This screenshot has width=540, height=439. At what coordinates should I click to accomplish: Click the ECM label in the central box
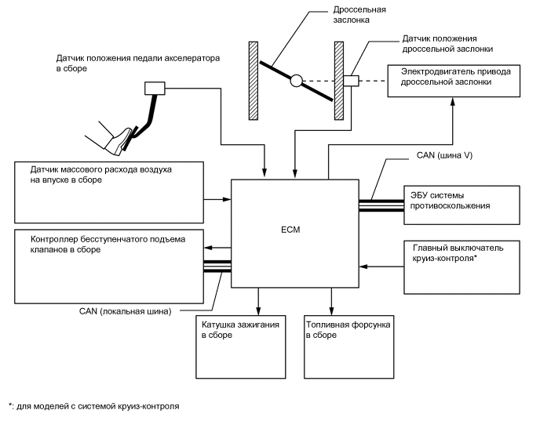click(290, 230)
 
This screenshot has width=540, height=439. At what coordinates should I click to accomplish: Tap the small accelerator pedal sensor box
click(155, 88)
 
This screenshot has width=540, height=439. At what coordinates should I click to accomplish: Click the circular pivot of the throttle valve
click(296, 81)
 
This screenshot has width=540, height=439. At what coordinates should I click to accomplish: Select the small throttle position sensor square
click(351, 81)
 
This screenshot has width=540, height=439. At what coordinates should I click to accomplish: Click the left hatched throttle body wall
click(254, 81)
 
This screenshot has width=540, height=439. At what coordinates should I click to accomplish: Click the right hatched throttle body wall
click(339, 81)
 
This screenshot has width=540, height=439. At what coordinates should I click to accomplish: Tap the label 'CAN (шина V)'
click(444, 155)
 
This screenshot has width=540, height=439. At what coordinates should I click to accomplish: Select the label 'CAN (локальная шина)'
click(126, 311)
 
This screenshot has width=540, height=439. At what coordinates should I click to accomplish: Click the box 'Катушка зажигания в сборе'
click(241, 346)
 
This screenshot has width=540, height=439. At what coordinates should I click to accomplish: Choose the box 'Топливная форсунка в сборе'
click(348, 346)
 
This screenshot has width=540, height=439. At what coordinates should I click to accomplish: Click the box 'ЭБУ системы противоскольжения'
click(462, 205)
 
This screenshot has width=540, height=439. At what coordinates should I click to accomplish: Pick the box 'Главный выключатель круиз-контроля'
click(462, 267)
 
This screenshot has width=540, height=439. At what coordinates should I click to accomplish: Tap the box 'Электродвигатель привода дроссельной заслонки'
click(454, 81)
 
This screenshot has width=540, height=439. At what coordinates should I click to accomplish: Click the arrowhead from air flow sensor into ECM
click(228, 199)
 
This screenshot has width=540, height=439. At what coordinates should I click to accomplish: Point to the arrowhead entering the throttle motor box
click(453, 101)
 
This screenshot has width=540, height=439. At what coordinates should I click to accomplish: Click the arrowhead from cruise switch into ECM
click(363, 267)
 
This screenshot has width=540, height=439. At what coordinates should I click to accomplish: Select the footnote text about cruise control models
click(94, 406)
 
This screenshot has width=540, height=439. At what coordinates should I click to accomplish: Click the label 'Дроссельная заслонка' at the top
click(359, 14)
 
